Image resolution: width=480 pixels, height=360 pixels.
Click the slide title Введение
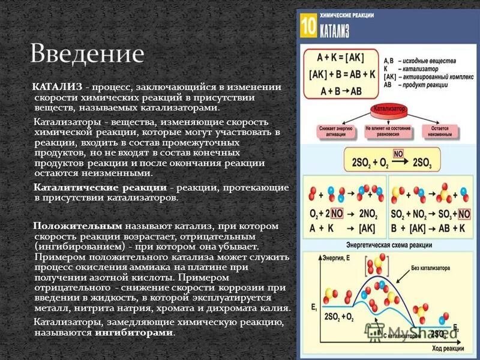click(x=88, y=53)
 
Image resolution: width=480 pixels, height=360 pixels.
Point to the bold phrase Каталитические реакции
click(x=100, y=188)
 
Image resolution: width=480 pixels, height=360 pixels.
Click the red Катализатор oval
click(x=389, y=110)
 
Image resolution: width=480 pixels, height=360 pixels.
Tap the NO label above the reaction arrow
click(x=398, y=153)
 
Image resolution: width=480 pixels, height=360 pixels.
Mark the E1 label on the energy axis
click(x=313, y=307)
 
